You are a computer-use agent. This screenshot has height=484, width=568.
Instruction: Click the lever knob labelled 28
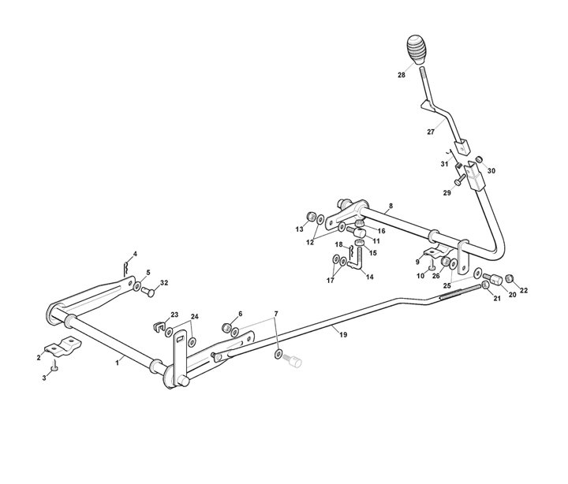(417, 50)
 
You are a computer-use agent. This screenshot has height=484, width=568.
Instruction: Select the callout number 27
(432, 132)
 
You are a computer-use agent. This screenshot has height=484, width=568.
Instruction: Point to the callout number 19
(343, 335)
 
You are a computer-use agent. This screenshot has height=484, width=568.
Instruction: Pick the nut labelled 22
(510, 277)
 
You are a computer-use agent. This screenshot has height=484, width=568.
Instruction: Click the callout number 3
(45, 378)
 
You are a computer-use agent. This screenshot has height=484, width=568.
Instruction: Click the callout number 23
(174, 315)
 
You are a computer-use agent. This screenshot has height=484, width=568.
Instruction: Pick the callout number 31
(444, 164)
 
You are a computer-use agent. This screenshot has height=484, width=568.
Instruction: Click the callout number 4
(135, 254)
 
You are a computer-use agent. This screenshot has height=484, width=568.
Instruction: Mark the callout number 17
(331, 281)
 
